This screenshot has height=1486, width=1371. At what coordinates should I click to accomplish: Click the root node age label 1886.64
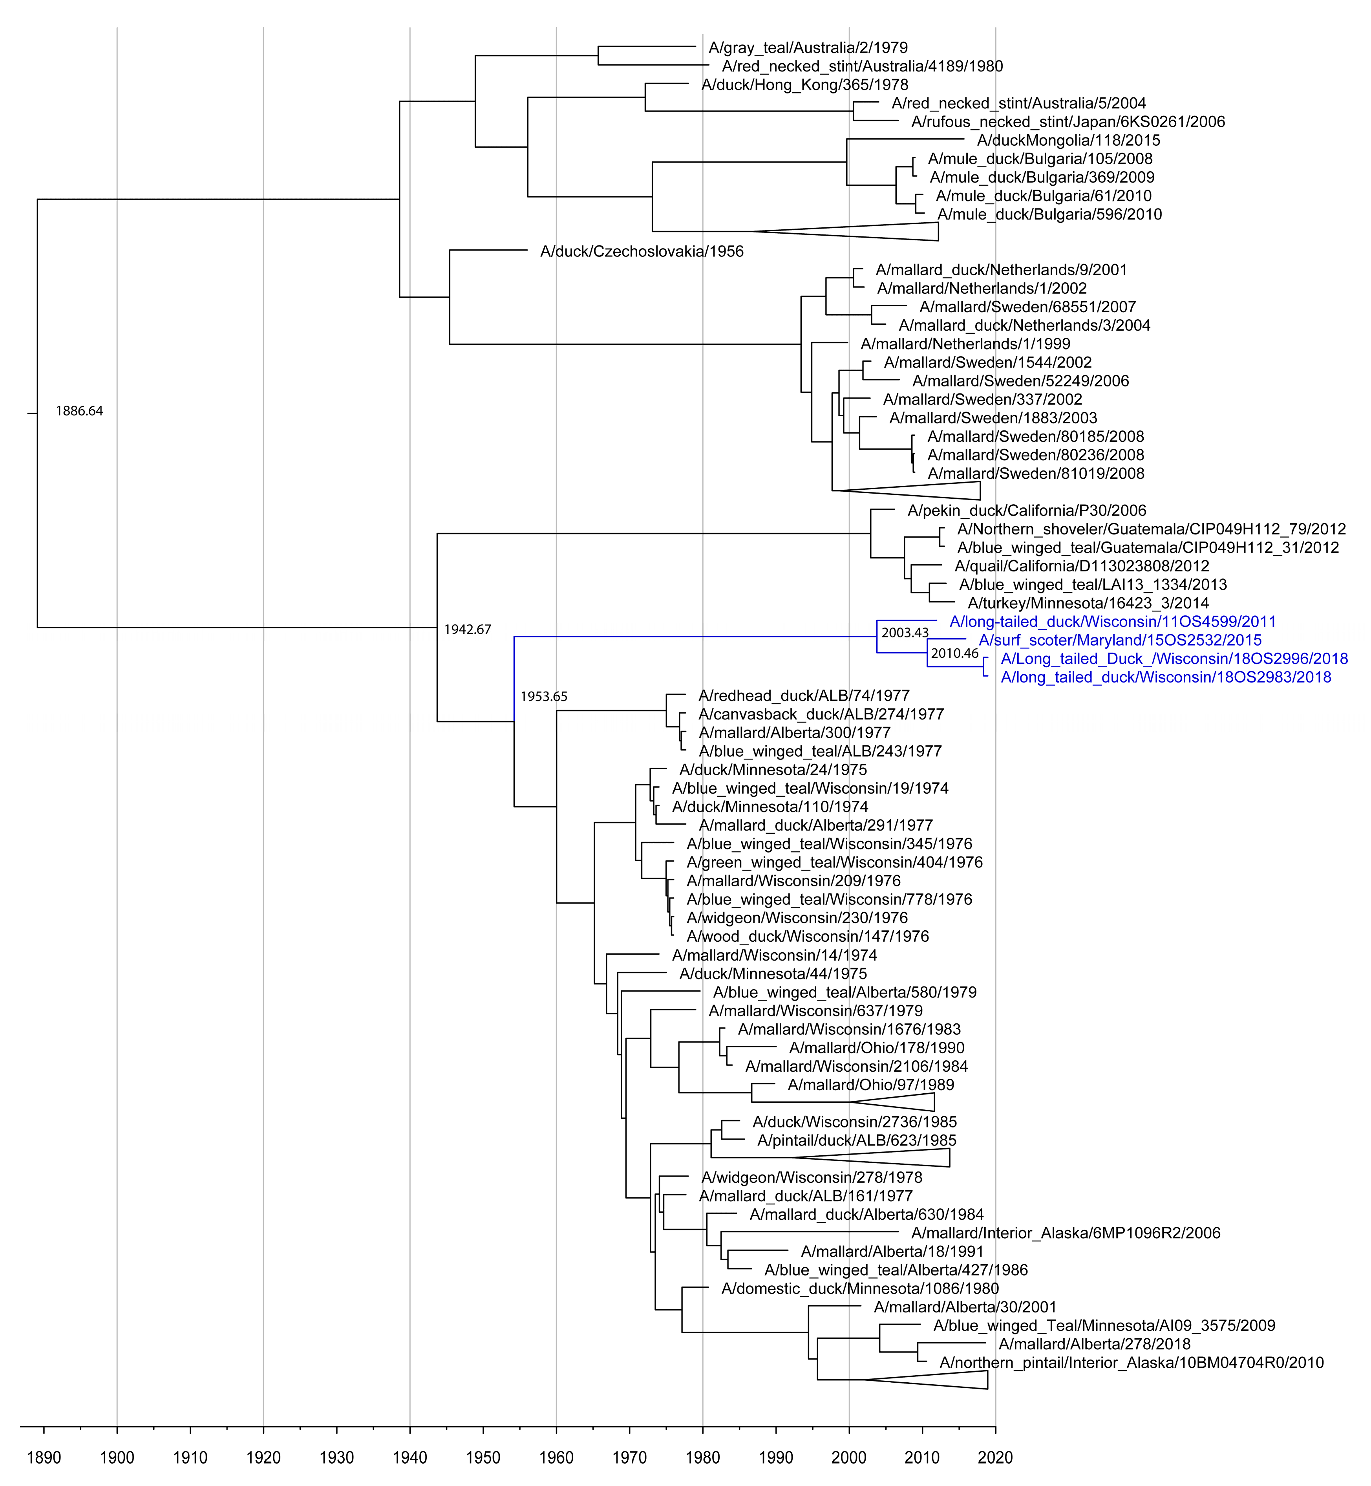(79, 411)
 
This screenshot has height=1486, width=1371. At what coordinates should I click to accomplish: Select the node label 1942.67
(467, 630)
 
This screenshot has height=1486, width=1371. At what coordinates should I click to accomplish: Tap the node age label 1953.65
(544, 697)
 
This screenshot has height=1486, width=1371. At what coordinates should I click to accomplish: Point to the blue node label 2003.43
(904, 633)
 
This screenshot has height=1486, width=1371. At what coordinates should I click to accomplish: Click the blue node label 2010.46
(955, 653)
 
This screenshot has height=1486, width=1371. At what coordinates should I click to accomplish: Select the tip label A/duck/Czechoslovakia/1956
(642, 251)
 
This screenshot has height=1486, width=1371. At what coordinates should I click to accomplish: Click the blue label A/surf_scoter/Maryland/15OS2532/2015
(1119, 640)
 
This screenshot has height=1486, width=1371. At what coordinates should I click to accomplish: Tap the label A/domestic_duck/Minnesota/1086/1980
(860, 1288)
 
